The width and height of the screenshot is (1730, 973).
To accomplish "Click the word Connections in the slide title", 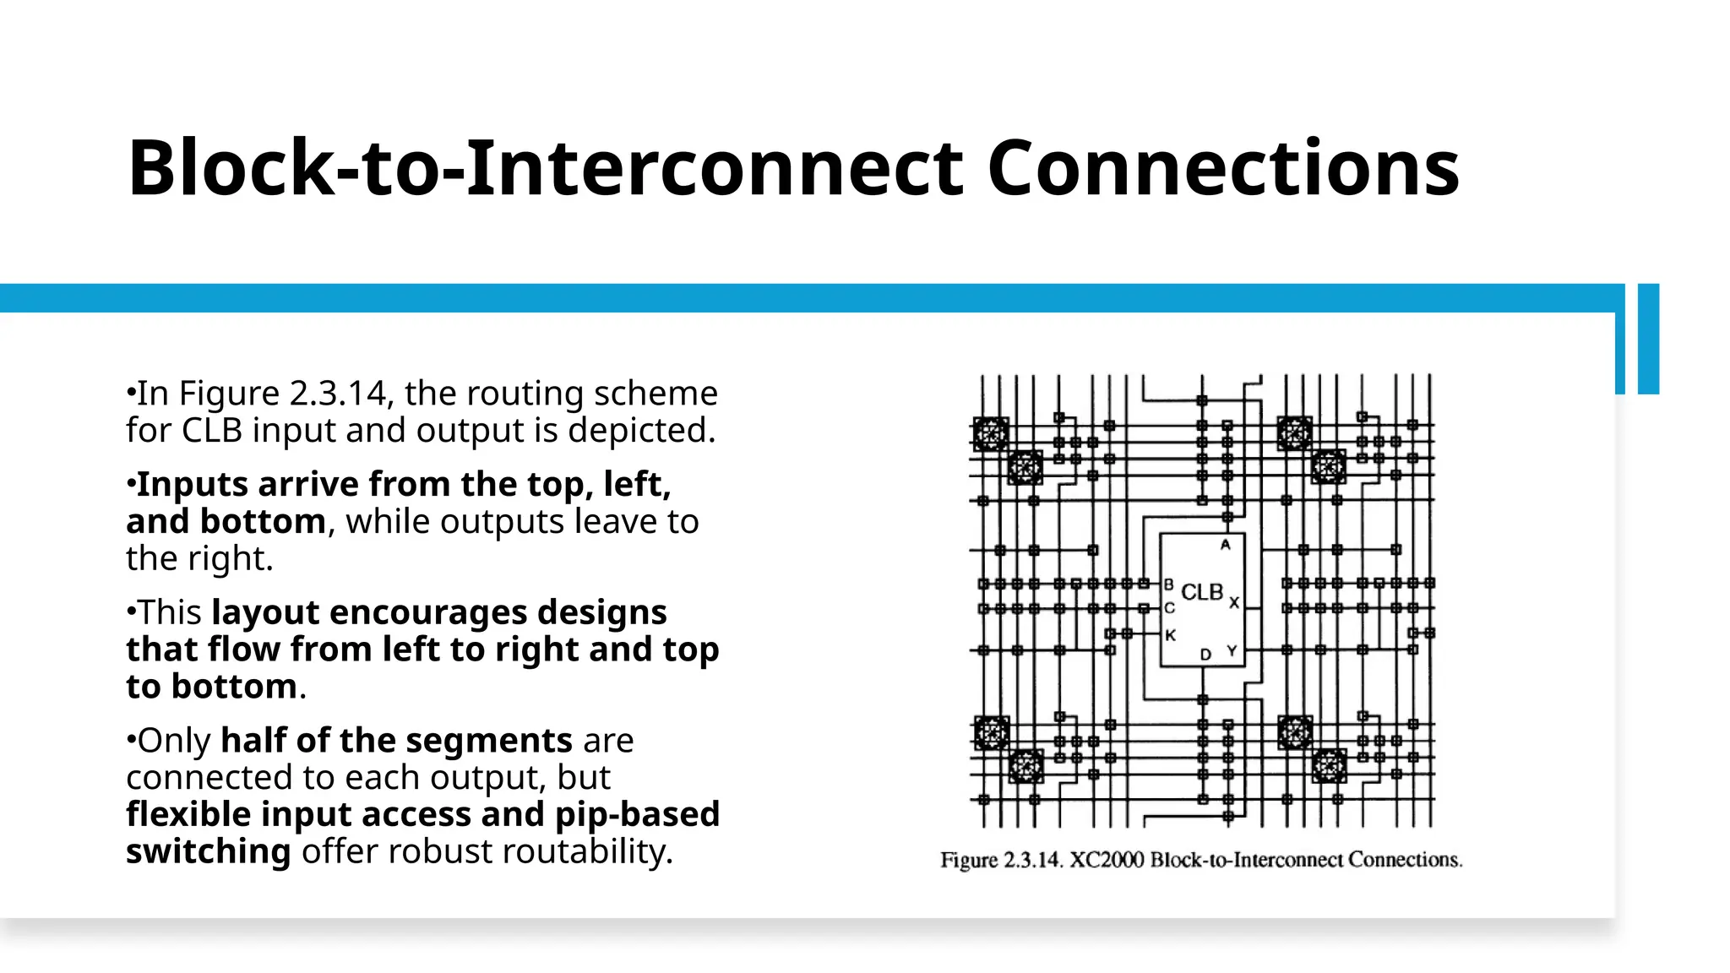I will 1222,168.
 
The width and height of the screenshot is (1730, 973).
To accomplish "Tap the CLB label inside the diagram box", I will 1201,592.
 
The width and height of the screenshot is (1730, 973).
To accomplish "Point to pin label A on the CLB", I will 1225,545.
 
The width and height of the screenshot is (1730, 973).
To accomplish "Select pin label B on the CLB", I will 1169,584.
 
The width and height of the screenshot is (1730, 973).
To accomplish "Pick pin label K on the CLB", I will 1170,635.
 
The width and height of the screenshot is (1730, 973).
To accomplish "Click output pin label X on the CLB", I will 1234,602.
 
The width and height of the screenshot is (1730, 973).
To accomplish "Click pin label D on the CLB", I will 1205,654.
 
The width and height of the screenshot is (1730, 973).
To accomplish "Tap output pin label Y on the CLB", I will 1232,651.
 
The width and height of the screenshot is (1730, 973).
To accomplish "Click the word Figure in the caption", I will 969,860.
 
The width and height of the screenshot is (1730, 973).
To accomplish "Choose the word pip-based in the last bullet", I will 637,814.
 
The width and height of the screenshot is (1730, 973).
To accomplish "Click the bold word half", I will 252,741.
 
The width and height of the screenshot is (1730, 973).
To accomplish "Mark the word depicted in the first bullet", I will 640,431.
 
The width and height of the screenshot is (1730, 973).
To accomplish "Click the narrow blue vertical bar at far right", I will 1648,338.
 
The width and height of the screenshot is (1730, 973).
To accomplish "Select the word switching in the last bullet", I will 209,851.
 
